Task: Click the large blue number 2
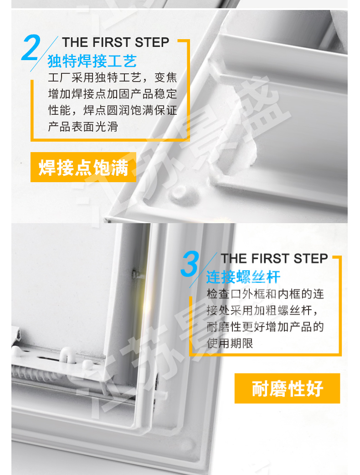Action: tap(31, 47)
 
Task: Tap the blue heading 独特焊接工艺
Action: tap(92, 61)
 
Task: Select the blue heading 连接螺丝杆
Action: tap(243, 277)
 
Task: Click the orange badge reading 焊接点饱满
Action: tap(83, 167)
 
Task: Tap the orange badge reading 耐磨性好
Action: tap(287, 388)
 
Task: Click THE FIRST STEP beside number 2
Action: tap(115, 42)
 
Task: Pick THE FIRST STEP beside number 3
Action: tap(274, 259)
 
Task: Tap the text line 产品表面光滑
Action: tap(83, 127)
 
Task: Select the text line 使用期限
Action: tap(230, 343)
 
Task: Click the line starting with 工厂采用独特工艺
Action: tap(113, 77)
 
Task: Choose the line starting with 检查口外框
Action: tap(266, 294)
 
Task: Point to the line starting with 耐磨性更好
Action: tap(266, 327)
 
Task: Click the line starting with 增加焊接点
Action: tap(113, 94)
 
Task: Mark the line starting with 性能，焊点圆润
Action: tap(113, 110)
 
